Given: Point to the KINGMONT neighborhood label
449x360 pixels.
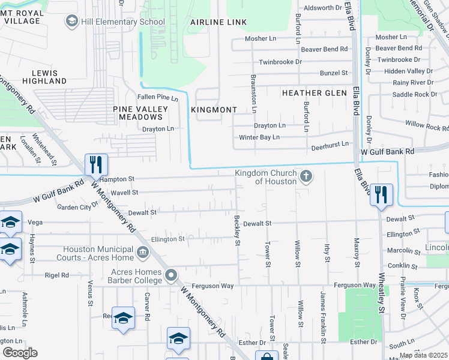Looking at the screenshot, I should [x=214, y=110].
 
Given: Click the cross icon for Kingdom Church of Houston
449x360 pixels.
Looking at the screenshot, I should [x=306, y=176].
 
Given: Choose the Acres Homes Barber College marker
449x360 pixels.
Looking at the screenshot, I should [x=171, y=275].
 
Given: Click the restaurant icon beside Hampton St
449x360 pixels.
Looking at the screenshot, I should [x=96, y=165].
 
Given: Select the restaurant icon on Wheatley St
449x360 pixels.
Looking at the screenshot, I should [x=381, y=194].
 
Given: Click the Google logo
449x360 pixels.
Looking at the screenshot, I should [x=20, y=352].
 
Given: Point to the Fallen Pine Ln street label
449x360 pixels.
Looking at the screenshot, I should [x=158, y=98].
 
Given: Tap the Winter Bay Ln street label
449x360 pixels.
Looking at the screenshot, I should [x=259, y=137].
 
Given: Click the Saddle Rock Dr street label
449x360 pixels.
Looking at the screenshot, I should [x=414, y=94].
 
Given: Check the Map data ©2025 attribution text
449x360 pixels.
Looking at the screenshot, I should [x=423, y=355].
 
